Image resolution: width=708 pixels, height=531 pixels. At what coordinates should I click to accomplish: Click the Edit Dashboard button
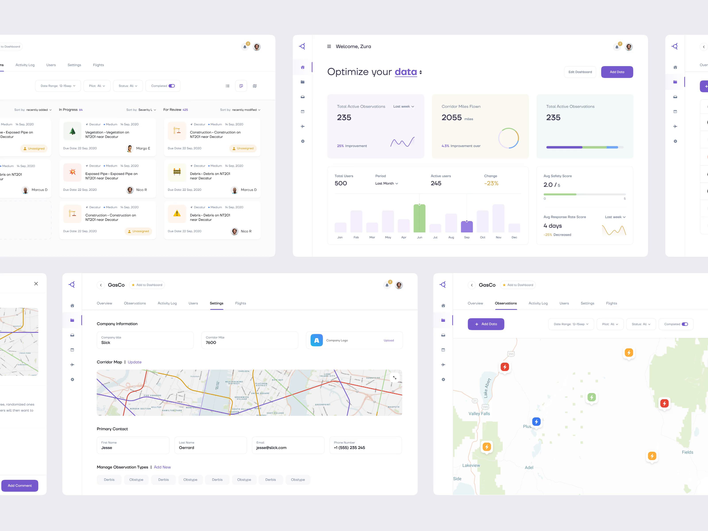(580, 72)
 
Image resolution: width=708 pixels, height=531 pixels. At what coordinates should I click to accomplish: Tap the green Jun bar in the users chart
(419, 218)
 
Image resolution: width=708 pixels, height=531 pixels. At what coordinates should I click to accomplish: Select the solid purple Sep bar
(467, 227)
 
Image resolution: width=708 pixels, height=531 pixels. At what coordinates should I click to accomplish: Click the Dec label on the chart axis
(514, 237)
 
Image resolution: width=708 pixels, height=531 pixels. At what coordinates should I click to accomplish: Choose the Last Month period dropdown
(386, 183)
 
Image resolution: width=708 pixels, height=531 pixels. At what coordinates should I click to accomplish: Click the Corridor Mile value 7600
(211, 342)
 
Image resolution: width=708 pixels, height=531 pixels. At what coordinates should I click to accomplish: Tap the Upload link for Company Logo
(389, 341)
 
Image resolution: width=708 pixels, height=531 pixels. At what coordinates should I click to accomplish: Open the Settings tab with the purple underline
(217, 303)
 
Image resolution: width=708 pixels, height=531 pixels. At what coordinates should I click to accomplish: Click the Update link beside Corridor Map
(135, 362)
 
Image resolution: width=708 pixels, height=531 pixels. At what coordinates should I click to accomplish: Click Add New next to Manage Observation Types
(162, 467)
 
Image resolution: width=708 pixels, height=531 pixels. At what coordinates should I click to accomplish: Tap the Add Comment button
(20, 486)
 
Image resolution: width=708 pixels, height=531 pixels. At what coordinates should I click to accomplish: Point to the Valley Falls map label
(479, 414)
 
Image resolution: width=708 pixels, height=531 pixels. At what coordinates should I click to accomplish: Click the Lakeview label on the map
(471, 465)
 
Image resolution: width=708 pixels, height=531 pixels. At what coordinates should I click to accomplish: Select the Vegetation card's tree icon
(73, 131)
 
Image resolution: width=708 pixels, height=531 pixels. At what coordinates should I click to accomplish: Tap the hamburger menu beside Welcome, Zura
(329, 46)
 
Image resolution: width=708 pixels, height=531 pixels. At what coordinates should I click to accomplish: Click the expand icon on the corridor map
(395, 378)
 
